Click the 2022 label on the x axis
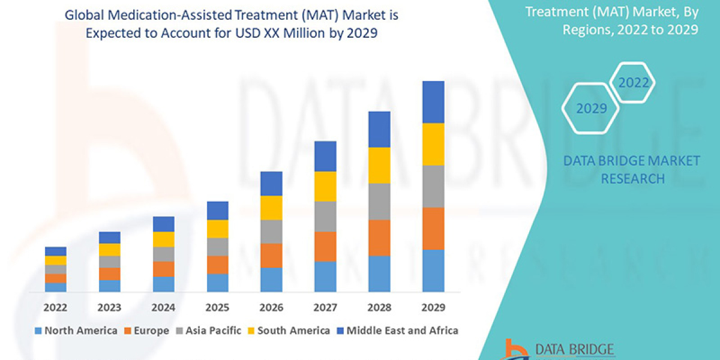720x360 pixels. [55, 308]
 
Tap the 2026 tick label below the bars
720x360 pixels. [271, 308]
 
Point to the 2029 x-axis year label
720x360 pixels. [433, 308]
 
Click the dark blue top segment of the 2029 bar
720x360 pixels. [433, 102]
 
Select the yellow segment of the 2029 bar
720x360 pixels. [433, 144]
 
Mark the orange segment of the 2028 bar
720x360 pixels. [379, 238]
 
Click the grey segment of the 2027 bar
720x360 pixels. [325, 216]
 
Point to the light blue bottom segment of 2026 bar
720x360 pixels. [271, 280]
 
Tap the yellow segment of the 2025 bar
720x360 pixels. [217, 229]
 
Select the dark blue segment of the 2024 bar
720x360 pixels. [163, 224]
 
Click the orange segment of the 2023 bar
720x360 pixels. [109, 274]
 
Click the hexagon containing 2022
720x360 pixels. [633, 83]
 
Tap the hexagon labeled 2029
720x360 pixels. [591, 109]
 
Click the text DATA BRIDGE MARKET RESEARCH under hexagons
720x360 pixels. [632, 169]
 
